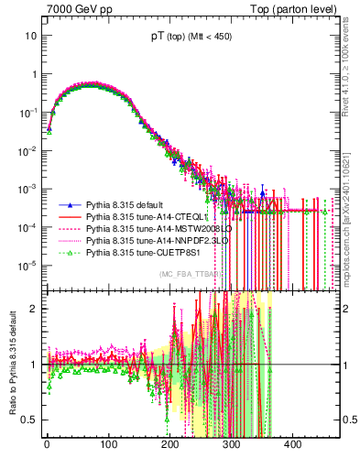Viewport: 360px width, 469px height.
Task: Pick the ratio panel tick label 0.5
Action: point(29,420)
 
